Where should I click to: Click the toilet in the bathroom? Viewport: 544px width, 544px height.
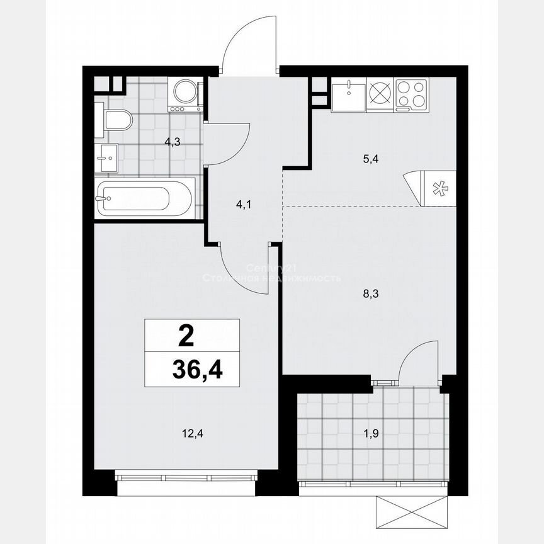tap(116, 119)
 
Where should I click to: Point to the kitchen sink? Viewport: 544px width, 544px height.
tap(348, 95)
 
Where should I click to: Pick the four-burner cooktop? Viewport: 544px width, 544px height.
tap(412, 94)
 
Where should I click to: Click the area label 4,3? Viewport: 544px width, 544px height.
tap(173, 142)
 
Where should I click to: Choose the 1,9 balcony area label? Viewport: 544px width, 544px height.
tap(370, 433)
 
